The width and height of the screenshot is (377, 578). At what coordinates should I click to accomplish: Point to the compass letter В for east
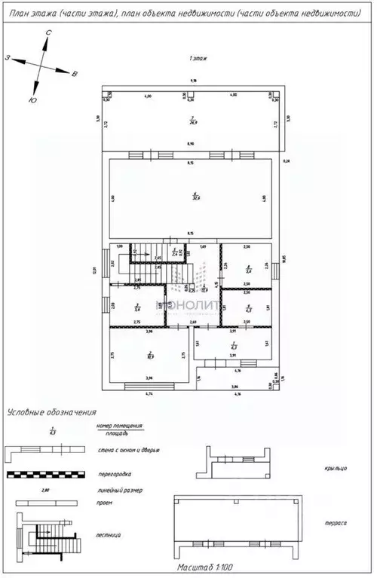coord(75,75)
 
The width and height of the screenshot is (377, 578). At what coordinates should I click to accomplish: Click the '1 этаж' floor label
coord(199,58)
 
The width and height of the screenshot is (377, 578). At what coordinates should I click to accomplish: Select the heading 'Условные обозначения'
coord(52,412)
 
